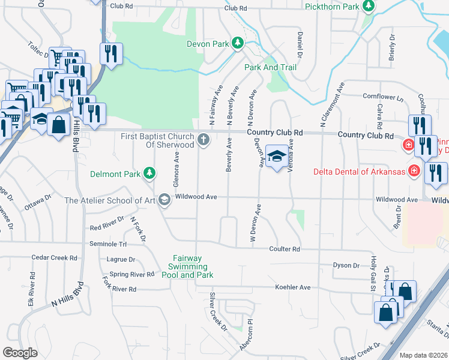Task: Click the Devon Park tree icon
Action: coord(238,43)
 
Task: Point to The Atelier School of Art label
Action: coord(110,201)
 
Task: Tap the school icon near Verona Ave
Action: coord(276,157)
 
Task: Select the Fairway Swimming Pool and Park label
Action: coord(187,267)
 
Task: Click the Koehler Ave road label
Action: coord(292,287)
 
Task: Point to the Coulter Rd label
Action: coord(284,249)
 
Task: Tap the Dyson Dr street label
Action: coord(346,265)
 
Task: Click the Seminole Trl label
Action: coord(109,244)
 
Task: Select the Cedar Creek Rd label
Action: coord(55,258)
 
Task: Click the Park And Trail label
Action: coord(270,67)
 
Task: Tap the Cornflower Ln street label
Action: coord(383,97)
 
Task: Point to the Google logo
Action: coord(20,353)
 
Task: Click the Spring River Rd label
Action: coord(132,274)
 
